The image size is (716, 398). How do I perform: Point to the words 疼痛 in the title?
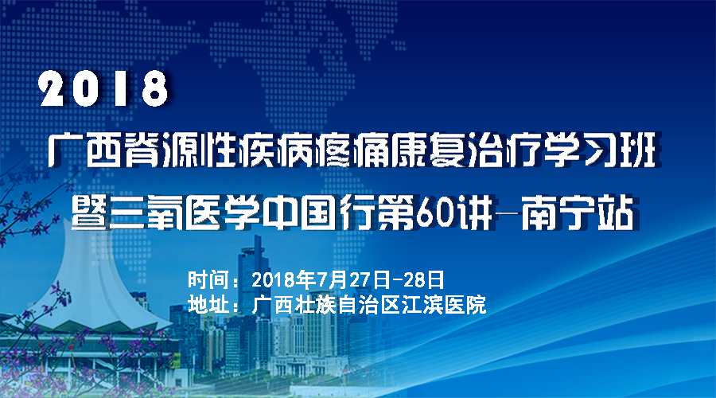(353, 150)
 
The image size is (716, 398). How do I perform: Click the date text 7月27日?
(353, 279)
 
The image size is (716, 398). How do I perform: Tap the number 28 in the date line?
(414, 279)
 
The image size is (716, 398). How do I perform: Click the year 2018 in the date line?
(274, 279)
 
